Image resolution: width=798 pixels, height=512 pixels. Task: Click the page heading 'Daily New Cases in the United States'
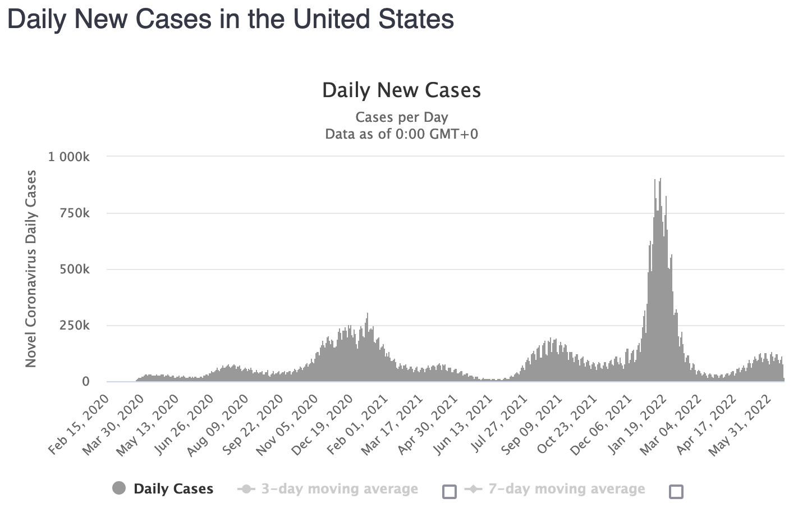(230, 19)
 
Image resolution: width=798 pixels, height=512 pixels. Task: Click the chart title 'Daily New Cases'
(401, 90)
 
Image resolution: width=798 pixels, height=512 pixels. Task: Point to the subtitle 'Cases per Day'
(401, 117)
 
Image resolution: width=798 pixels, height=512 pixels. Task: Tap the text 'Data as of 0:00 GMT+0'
(401, 134)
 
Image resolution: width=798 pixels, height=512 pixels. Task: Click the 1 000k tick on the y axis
(69, 157)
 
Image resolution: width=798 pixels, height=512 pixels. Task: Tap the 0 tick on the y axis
(86, 382)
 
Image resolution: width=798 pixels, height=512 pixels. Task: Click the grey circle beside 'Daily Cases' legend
(119, 488)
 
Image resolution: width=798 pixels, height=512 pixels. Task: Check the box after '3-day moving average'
(450, 492)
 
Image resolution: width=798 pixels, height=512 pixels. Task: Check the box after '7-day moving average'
(676, 492)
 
